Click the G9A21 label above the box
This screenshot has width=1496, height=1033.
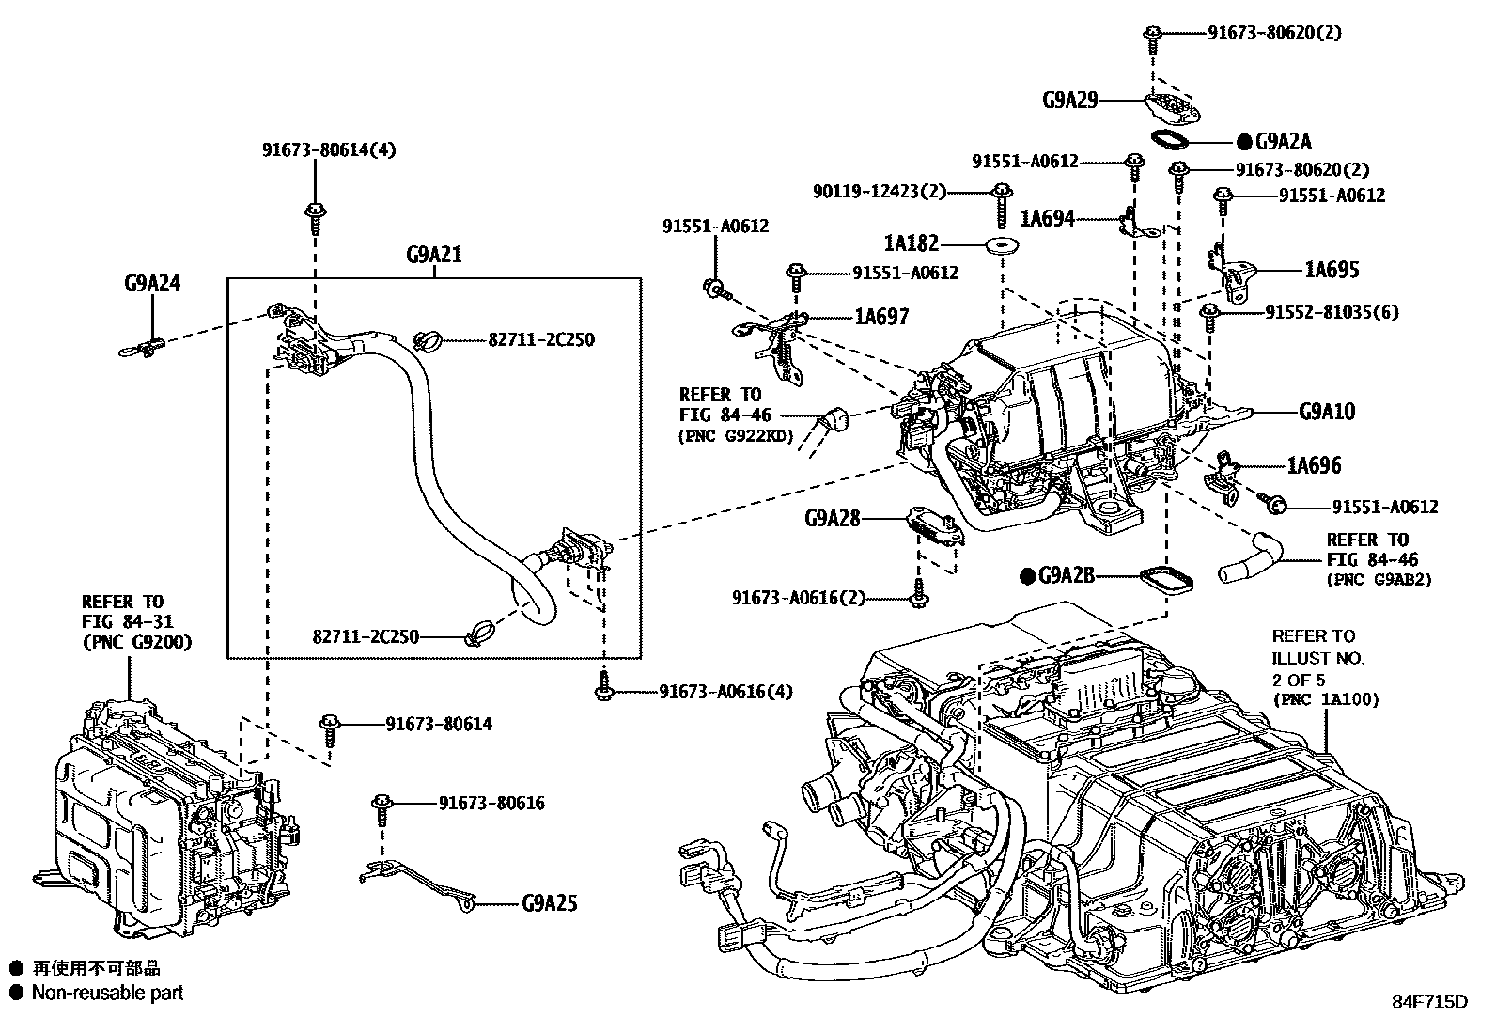tap(433, 255)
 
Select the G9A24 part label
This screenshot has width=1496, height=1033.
tap(151, 283)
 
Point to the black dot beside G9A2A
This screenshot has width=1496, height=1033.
tap(1244, 142)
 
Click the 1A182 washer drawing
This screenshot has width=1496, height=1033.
tap(1003, 246)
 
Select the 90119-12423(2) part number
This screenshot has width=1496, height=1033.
tap(880, 192)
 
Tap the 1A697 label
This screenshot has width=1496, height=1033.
tap(880, 317)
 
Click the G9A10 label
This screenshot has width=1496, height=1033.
tap(1327, 412)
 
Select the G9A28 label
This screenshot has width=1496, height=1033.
tap(833, 518)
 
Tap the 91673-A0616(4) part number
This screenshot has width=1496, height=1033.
tap(725, 692)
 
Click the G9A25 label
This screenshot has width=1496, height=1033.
tap(550, 904)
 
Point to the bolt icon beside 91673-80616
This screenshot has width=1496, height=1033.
tap(382, 804)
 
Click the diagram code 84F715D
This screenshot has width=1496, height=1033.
tap(1429, 1001)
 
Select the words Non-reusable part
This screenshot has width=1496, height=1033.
tap(107, 993)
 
